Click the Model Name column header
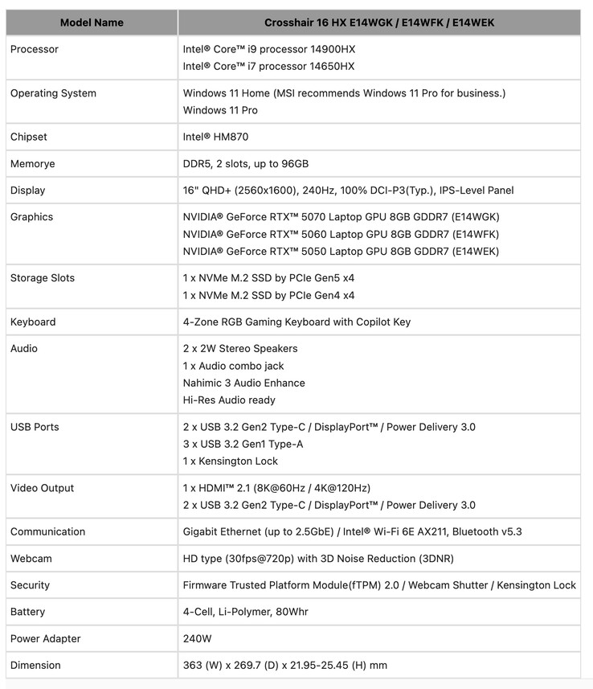[92, 23]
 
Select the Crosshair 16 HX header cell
[379, 23]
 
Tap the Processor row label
[35, 49]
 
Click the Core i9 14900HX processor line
[268, 49]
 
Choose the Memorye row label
[33, 163]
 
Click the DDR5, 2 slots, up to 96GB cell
[245, 163]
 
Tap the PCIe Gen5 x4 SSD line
[268, 278]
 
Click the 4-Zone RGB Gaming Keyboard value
[296, 322]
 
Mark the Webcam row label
[31, 558]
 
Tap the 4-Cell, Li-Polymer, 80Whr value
[245, 612]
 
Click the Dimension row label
[35, 665]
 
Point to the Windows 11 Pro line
[220, 110]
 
